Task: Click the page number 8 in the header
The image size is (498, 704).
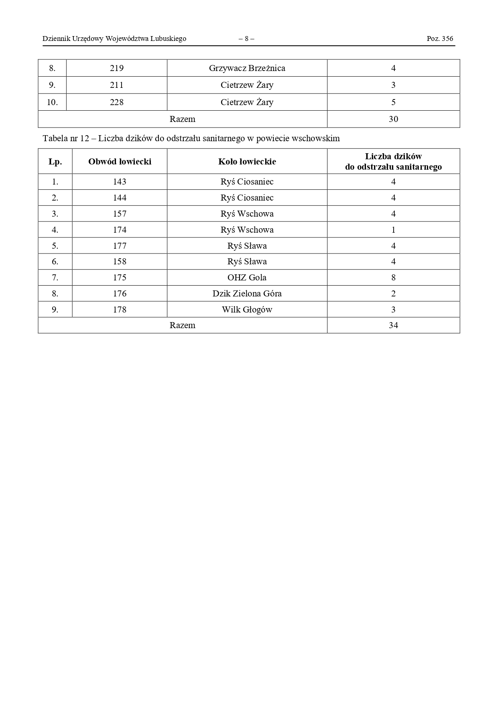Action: click(246, 39)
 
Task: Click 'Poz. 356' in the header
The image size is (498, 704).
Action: click(440, 39)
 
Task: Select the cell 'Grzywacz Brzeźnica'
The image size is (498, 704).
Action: click(247, 68)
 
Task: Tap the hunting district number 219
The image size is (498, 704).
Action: click(117, 68)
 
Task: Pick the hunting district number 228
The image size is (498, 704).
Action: click(117, 102)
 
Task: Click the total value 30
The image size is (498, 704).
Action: click(393, 119)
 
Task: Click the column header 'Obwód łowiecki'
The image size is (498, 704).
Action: click(120, 162)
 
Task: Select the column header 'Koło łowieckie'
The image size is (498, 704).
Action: click(247, 162)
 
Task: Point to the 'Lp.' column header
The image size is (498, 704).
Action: click(55, 162)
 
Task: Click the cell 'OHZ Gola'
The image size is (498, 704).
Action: click(247, 278)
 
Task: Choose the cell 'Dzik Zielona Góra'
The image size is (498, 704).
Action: click(247, 294)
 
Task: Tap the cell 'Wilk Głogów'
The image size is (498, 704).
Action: click(247, 310)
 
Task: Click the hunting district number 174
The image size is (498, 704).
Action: click(120, 230)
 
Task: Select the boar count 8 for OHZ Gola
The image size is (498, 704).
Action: click(393, 278)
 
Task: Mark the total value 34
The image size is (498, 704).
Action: click(393, 325)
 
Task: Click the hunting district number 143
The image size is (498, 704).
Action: click(120, 182)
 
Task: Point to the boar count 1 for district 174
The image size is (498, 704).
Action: click(393, 230)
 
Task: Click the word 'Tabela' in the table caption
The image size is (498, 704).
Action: click(55, 139)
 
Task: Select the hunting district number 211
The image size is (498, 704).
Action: click(117, 85)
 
